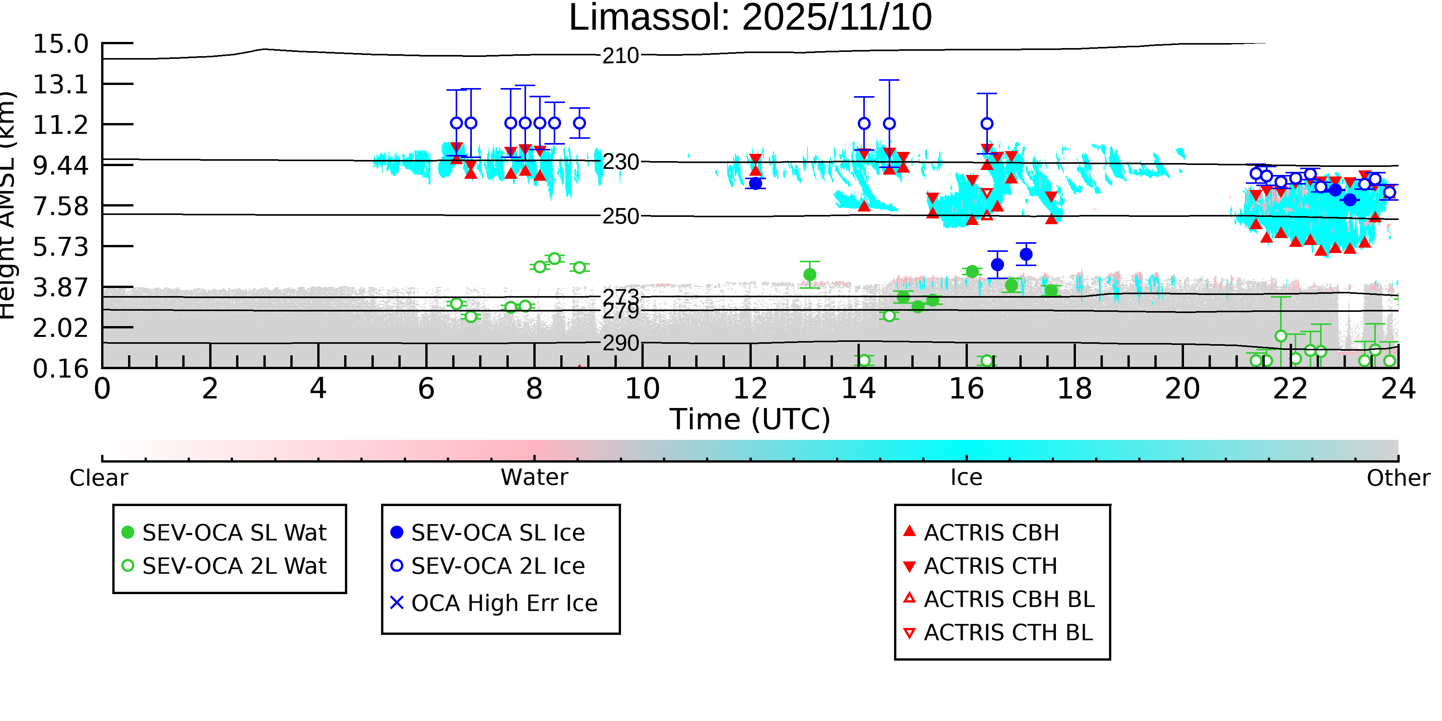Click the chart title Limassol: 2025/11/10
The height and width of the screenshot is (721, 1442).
(750, 18)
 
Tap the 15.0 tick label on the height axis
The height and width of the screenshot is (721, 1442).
(60, 44)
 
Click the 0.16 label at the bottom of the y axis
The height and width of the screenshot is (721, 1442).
(60, 369)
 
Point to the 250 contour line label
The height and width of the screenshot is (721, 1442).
(620, 216)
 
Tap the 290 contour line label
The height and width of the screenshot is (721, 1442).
(620, 343)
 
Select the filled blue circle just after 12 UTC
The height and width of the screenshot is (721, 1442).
(756, 183)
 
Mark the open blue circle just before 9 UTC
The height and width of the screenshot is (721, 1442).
(579, 123)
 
